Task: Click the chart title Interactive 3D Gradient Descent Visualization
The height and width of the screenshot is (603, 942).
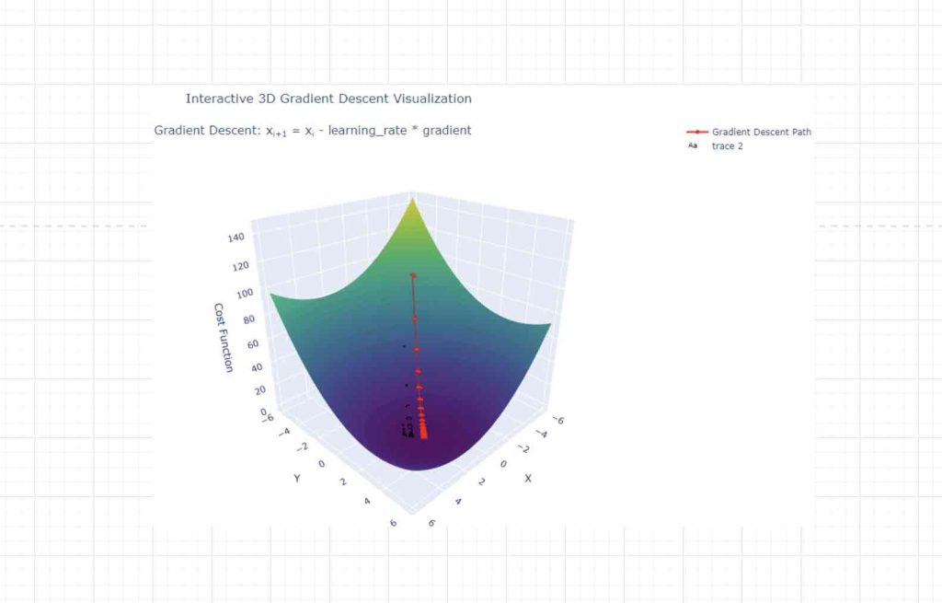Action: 328,99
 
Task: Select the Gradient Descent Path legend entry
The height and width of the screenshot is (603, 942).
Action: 761,132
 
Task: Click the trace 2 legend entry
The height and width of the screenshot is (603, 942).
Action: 727,146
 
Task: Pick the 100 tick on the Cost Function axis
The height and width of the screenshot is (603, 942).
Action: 242,294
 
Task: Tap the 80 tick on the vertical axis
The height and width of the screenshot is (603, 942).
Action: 247,319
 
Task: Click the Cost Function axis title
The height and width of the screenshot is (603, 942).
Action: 223,338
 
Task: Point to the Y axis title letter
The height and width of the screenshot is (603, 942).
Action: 297,478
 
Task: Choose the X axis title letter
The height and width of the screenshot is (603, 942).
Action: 528,479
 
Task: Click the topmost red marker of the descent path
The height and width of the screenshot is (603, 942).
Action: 413,275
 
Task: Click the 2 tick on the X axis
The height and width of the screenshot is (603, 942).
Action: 481,483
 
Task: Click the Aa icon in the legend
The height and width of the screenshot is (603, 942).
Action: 693,146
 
